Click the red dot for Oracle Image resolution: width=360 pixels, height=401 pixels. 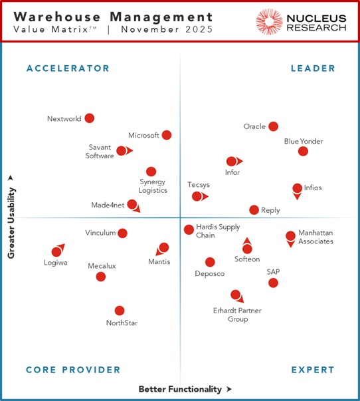tap(273, 126)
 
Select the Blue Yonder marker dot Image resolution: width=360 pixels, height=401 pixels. tap(303, 151)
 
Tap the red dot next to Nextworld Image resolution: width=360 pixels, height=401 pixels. tap(89, 118)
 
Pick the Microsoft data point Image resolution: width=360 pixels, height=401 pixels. tap(167, 135)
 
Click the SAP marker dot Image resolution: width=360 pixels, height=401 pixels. tap(273, 283)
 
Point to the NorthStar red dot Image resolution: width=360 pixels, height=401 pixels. tap(120, 311)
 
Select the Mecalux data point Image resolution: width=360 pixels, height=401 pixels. tap(101, 277)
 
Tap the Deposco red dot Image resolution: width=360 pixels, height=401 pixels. tap(210, 262)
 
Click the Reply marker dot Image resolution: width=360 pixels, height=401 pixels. tap(254, 210)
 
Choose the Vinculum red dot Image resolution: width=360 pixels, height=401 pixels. tap(122, 233)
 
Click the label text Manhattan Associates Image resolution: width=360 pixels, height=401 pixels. tap(315, 237)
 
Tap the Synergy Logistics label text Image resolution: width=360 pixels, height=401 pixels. tap(153, 186)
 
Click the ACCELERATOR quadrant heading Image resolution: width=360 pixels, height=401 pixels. tap(68, 68)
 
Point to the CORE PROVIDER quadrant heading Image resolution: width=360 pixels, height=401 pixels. tap(73, 370)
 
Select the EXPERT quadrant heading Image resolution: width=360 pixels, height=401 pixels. tap(312, 370)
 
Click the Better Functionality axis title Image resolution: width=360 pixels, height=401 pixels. tap(181, 389)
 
